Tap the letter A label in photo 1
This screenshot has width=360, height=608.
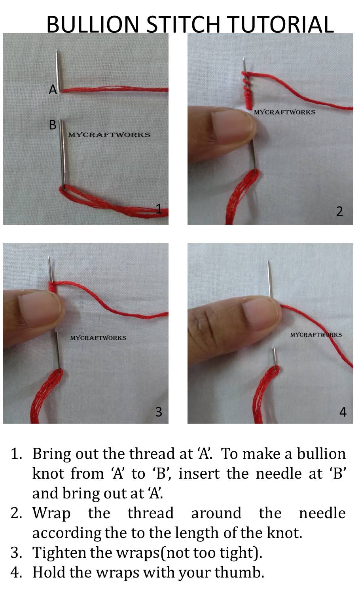coord(53,90)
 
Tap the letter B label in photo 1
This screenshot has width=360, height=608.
coord(52,125)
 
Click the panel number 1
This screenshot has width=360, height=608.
coord(159,209)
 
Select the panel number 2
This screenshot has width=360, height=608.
coord(339,211)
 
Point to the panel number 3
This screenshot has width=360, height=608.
coord(159,412)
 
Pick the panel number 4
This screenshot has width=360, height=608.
coord(343,412)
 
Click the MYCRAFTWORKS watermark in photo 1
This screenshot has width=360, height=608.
coord(109,135)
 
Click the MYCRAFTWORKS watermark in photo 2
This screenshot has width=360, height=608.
coord(284,112)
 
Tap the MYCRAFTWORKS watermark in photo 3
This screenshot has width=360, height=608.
coord(98,338)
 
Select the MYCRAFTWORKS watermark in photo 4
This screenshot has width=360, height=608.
coord(316,335)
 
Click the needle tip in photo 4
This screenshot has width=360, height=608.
coord(269,262)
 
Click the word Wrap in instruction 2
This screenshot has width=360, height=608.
coord(51,513)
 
